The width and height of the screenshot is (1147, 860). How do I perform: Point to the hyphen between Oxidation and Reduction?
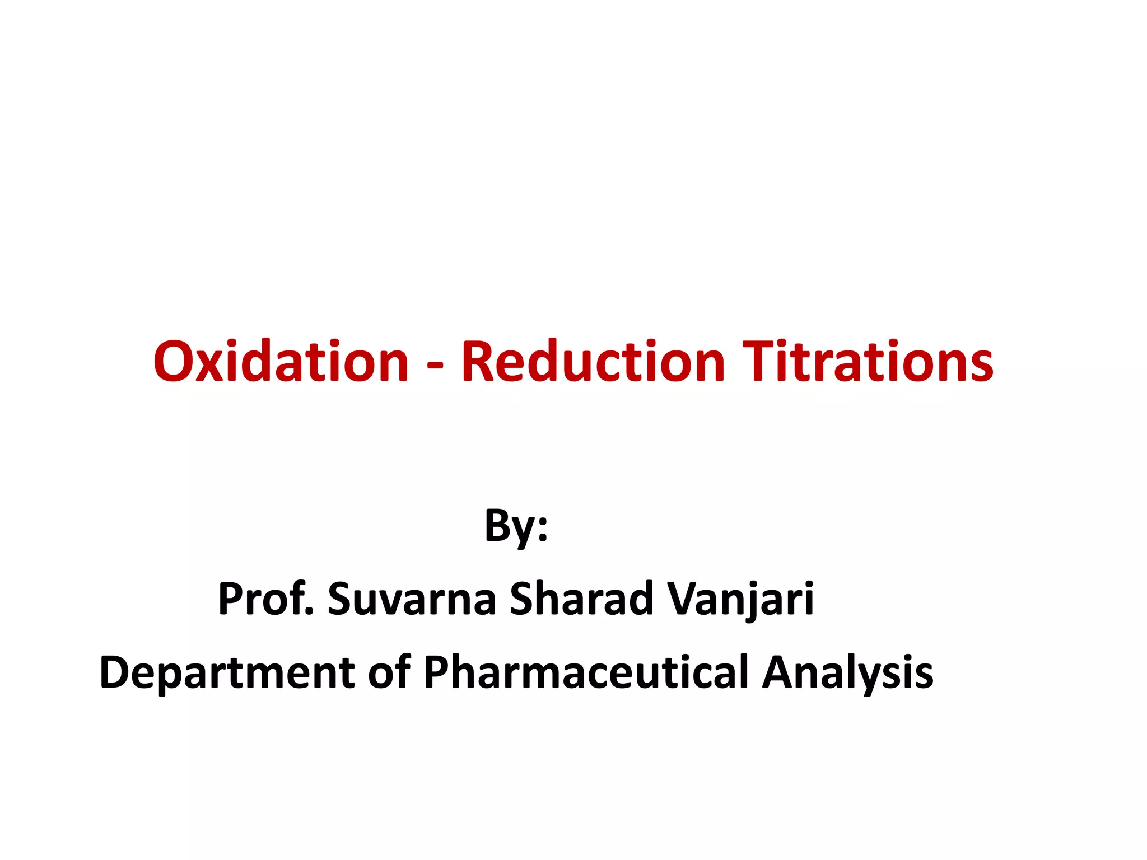[x=435, y=367]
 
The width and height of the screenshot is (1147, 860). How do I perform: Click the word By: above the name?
[x=516, y=526]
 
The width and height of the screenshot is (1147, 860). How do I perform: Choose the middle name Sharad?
[x=581, y=599]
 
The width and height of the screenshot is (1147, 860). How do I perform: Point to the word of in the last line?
[x=389, y=671]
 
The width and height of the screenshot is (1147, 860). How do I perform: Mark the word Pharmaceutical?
[x=586, y=671]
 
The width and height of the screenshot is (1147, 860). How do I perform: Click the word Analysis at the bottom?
[x=848, y=672]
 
